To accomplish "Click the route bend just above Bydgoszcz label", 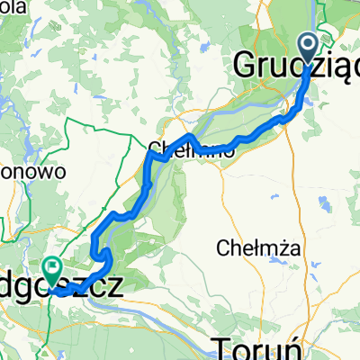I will click(106, 259).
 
